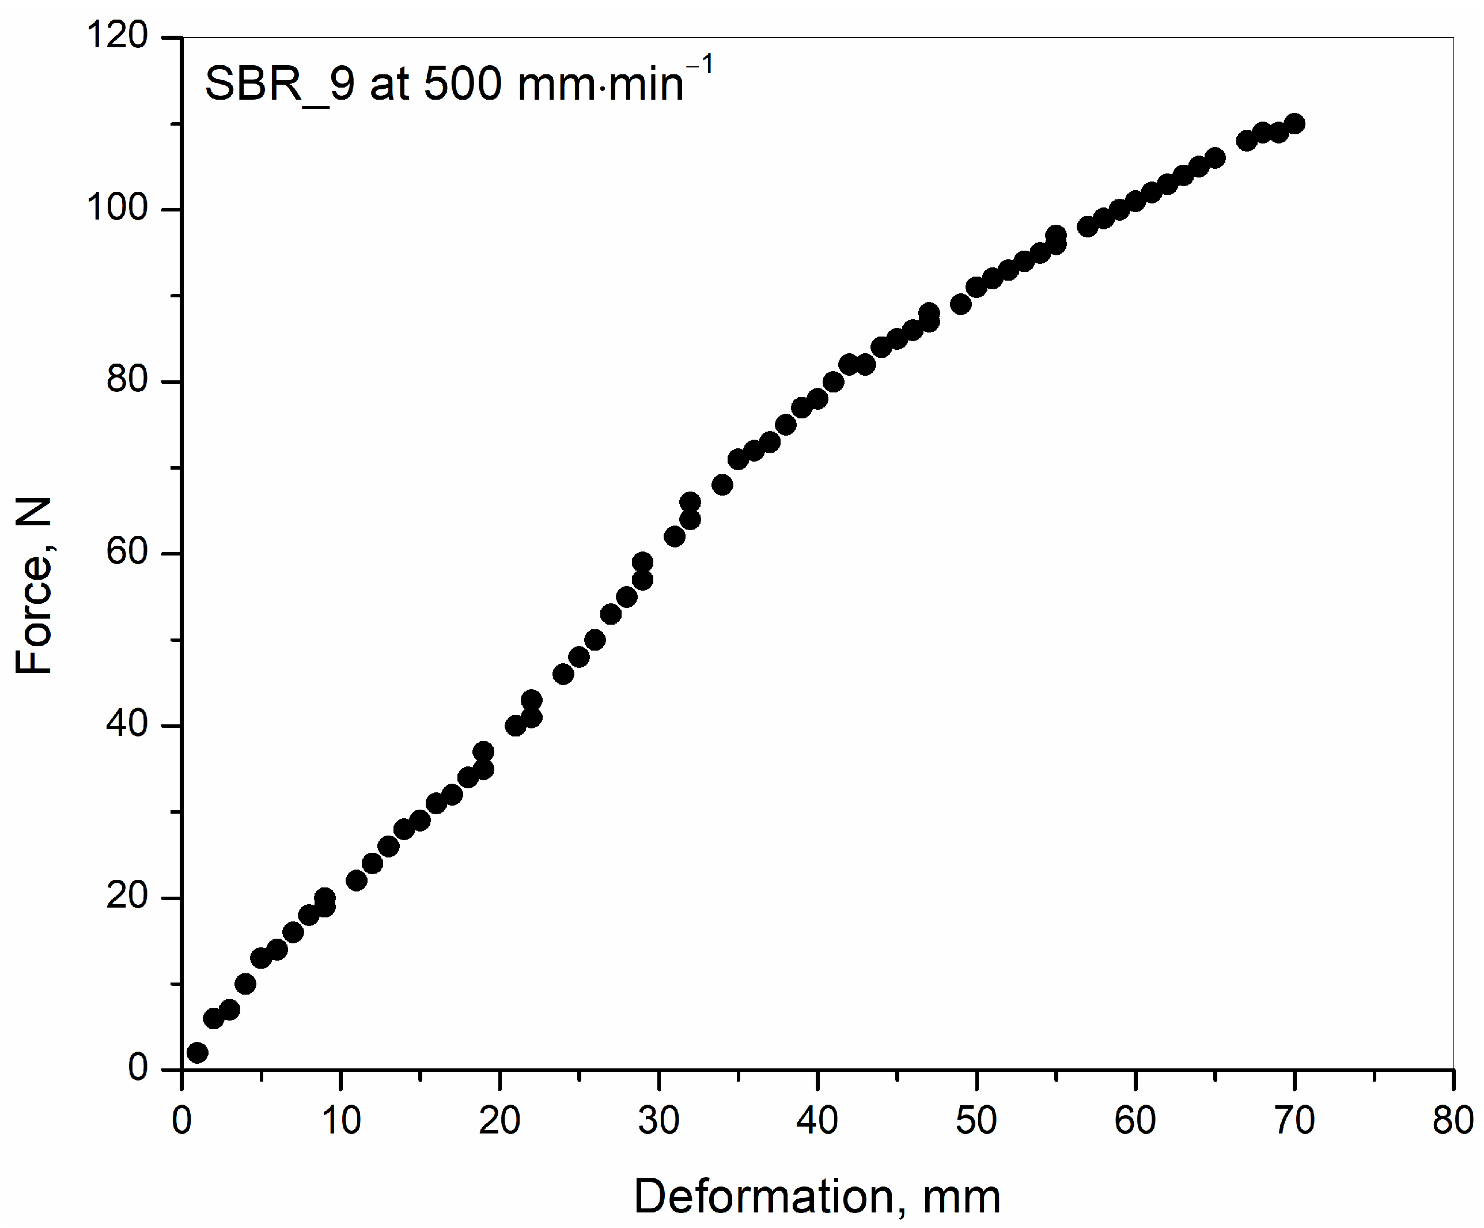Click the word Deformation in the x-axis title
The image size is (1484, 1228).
[x=764, y=1196]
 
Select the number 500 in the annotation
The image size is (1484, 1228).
[x=463, y=84]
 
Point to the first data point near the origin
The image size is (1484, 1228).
[x=198, y=1053]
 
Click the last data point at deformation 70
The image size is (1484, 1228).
[x=1294, y=124]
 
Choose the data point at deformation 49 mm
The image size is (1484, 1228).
[x=960, y=304]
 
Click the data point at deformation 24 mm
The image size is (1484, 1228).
[x=563, y=674]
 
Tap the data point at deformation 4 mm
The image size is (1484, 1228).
[x=245, y=984]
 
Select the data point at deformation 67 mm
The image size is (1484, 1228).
[x=1247, y=141]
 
